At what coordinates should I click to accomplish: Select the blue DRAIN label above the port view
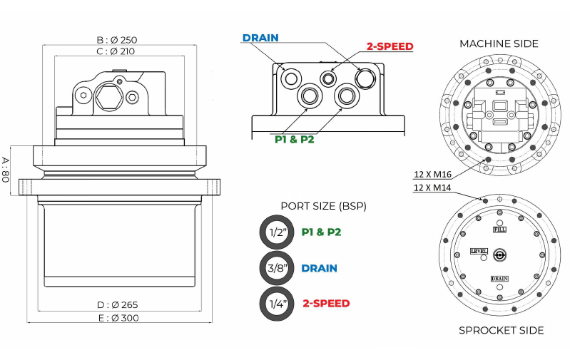[x=260, y=38]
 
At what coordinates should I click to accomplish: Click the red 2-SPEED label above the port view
[x=390, y=46]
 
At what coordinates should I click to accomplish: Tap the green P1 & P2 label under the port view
[x=295, y=139]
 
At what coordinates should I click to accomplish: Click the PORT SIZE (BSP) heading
[x=323, y=206]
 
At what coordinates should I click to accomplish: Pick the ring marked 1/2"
[x=276, y=232]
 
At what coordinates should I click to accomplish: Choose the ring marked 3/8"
[x=276, y=268]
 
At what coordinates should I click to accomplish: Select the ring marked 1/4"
[x=276, y=304]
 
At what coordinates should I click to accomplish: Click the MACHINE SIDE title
[x=499, y=43]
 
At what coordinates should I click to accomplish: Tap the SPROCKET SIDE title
[x=501, y=330]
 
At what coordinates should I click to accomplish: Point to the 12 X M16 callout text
[x=431, y=173]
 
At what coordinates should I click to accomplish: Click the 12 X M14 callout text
[x=431, y=187]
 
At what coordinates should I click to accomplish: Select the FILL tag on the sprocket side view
[x=500, y=230]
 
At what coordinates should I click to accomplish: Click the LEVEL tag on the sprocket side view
[x=479, y=252]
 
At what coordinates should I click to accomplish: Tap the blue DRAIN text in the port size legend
[x=319, y=268]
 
